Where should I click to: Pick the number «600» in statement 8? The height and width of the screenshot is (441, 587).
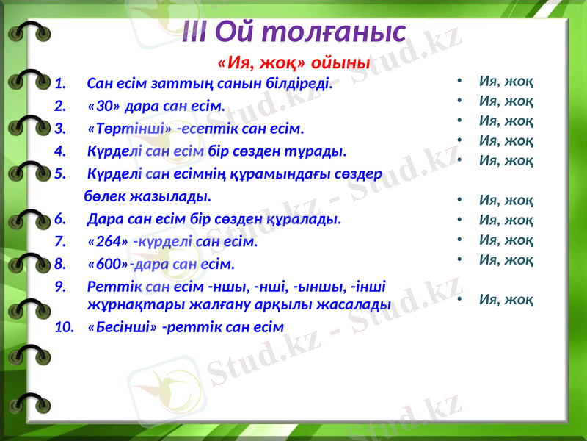pyautogui.click(x=107, y=263)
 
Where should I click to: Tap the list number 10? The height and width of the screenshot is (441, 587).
pyautogui.click(x=64, y=326)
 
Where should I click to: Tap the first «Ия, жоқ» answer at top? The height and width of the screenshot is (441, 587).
pyautogui.click(x=506, y=80)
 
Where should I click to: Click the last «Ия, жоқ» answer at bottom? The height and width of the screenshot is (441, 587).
pyautogui.click(x=506, y=299)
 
